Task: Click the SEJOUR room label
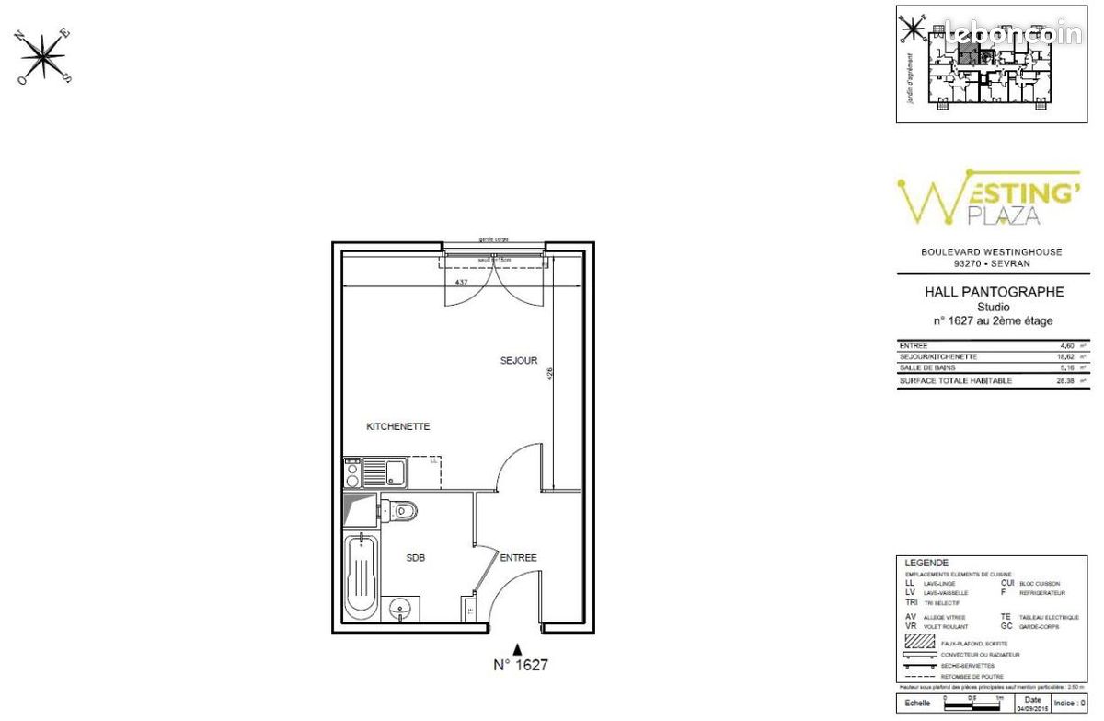(519, 361)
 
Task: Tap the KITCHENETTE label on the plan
(398, 427)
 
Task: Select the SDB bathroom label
(416, 558)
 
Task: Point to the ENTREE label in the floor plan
(518, 558)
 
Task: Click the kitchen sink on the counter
(394, 473)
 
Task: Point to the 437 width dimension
(463, 282)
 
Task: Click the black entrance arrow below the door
(518, 648)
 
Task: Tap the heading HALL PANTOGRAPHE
(994, 292)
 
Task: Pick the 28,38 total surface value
(1068, 379)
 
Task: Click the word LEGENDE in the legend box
(926, 563)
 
